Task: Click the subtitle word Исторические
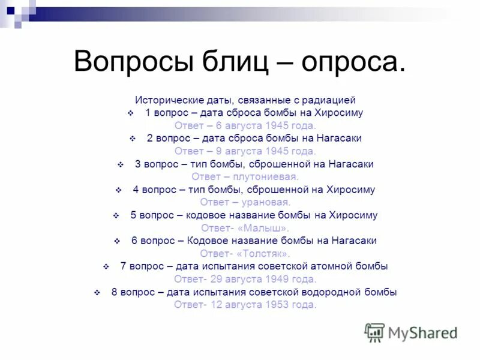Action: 166,100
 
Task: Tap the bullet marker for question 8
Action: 97,292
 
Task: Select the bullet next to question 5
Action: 116,215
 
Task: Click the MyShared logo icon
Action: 374,332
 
